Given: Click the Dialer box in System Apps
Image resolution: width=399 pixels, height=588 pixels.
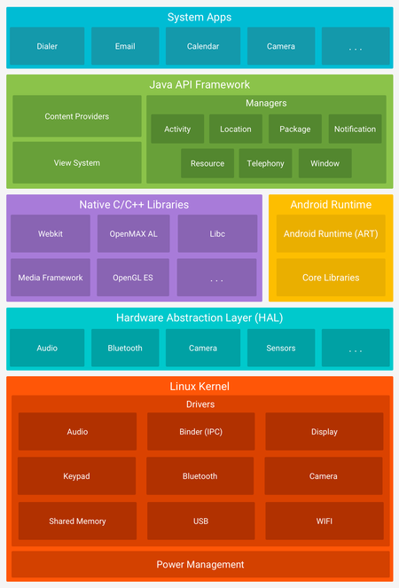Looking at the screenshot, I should pos(47,46).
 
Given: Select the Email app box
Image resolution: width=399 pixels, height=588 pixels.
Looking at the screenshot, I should pos(125,46).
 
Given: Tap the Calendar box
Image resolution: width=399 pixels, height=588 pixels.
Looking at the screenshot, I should pos(202,46).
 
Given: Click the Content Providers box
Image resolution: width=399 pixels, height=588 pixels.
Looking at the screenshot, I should pos(77,116).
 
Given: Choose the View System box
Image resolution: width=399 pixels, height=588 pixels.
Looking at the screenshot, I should pos(77,163).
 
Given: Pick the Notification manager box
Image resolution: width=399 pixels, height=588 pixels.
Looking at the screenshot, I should pos(355,129).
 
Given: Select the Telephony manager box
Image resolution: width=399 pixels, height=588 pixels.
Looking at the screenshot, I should pos(265,163).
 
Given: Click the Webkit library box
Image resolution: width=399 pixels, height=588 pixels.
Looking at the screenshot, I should pos(50,233).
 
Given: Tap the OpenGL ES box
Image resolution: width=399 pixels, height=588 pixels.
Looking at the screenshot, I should pos(133,278).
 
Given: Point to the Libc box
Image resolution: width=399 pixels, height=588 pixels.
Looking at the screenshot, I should pos(217,233).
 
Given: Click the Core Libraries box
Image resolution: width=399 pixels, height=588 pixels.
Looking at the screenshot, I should pos(331,278).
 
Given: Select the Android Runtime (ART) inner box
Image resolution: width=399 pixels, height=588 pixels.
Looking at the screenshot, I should pos(331,234).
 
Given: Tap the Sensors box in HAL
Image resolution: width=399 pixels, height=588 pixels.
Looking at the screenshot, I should pos(281,349).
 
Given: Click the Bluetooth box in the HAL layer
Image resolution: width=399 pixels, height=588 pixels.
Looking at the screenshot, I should pos(125,349).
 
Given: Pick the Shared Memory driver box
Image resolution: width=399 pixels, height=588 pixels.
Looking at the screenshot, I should pos(77,521).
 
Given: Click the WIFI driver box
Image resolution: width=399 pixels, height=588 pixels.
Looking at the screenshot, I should pos(324,521).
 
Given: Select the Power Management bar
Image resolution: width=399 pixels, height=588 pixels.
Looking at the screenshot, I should pos(199,564).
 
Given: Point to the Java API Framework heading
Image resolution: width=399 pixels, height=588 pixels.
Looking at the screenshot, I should pos(199,85).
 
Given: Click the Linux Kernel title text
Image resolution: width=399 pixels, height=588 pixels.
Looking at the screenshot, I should pos(199,387).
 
